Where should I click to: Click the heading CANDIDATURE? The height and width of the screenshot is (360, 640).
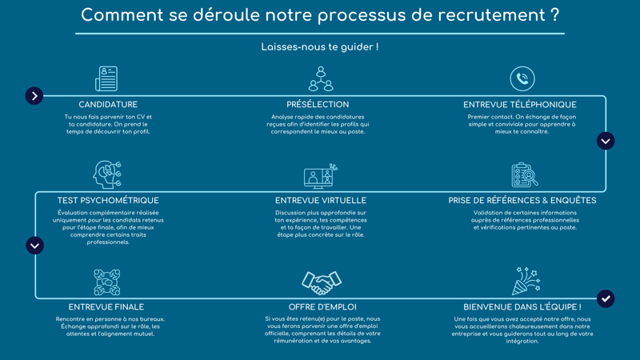click(x=108, y=105)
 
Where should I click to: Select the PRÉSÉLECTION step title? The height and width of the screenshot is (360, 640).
click(x=318, y=105)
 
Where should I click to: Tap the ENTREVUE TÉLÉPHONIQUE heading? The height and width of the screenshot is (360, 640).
click(x=520, y=105)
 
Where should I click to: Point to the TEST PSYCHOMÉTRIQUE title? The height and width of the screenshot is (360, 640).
click(x=108, y=201)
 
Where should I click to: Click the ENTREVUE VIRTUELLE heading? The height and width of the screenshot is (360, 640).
click(x=321, y=201)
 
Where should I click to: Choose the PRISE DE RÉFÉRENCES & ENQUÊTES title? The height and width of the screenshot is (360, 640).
click(x=522, y=201)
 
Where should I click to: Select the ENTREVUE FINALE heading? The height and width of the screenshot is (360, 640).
click(x=106, y=307)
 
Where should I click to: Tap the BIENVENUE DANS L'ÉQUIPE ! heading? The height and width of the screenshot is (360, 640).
click(x=522, y=307)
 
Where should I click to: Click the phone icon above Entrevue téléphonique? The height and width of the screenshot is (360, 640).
click(x=522, y=78)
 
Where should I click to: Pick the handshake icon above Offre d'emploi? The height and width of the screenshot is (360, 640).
click(x=322, y=282)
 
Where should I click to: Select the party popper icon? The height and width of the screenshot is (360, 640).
click(x=526, y=282)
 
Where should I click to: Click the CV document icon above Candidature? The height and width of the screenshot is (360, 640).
click(x=106, y=78)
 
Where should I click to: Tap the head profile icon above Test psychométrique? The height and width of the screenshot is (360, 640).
click(x=106, y=174)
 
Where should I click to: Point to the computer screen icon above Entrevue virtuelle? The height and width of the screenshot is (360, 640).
click(x=321, y=176)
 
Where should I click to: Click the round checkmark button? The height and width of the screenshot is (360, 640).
click(x=606, y=298)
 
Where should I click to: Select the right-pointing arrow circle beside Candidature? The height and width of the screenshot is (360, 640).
click(x=34, y=96)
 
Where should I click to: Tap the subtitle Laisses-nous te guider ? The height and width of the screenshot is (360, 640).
click(x=320, y=47)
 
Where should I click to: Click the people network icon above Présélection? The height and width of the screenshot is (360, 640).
click(x=321, y=78)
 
